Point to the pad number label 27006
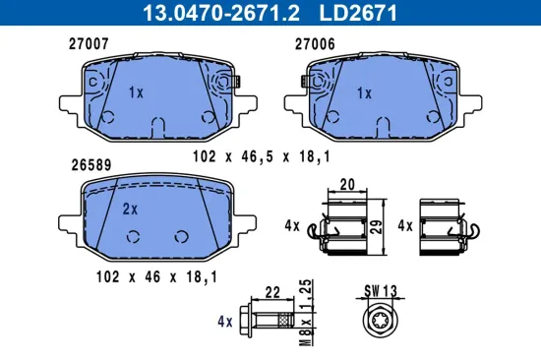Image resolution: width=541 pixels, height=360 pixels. click(315, 44)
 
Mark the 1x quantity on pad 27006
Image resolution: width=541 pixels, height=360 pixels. click(363, 92)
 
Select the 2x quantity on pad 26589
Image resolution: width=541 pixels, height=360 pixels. click(129, 209)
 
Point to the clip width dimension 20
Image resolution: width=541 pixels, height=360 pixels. click(345, 184)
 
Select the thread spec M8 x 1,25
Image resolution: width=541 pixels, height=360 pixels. click(308, 312)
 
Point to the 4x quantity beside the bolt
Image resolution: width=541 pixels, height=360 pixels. click(226, 321)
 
